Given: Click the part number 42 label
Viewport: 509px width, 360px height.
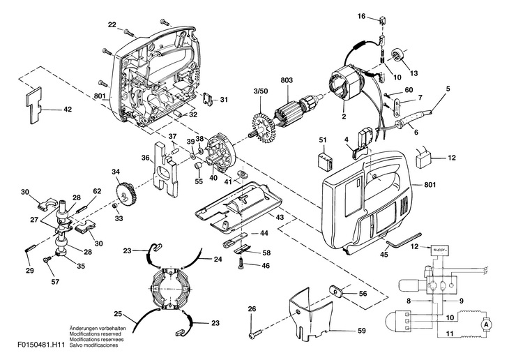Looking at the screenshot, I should point(68,109).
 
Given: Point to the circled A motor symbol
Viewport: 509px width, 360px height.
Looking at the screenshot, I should point(487,324).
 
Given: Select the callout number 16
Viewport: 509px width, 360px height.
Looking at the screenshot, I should point(361,15).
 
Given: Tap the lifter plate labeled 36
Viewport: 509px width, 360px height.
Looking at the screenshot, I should point(164,167).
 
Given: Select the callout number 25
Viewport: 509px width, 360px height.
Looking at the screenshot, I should point(119,314).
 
